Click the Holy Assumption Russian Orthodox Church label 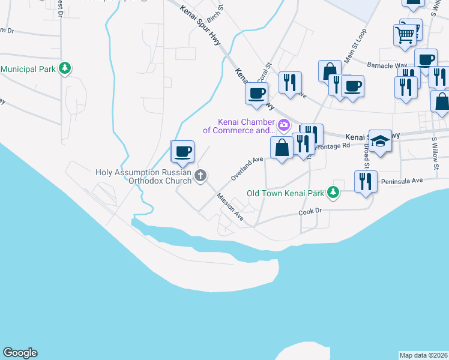click(143, 176)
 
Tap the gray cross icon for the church click(200, 175)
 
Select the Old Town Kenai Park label click(285, 193)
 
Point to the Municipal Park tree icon click(65, 69)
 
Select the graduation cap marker click(380, 141)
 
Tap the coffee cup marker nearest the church click(183, 151)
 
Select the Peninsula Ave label click(406, 179)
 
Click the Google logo click(20, 353)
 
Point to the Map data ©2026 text click(423, 355)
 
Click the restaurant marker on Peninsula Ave click(366, 181)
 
